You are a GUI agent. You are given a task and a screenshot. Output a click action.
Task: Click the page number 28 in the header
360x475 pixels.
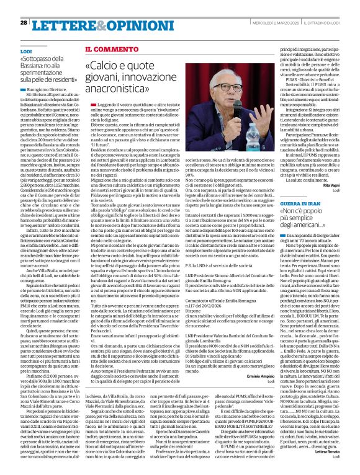[x=23, y=6]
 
